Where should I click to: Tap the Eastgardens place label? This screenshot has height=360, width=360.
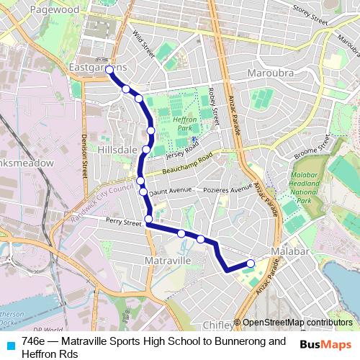[x=98, y=67]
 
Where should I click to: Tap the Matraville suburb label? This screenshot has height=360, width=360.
[x=167, y=259]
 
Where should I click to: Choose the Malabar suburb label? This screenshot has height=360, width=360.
[x=289, y=251]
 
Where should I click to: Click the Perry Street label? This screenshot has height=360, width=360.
[x=123, y=223]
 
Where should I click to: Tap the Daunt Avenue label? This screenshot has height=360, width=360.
[x=171, y=189]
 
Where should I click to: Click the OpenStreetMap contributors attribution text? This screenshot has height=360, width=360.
[x=297, y=323]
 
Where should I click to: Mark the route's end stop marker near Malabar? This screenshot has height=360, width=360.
[x=251, y=263]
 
